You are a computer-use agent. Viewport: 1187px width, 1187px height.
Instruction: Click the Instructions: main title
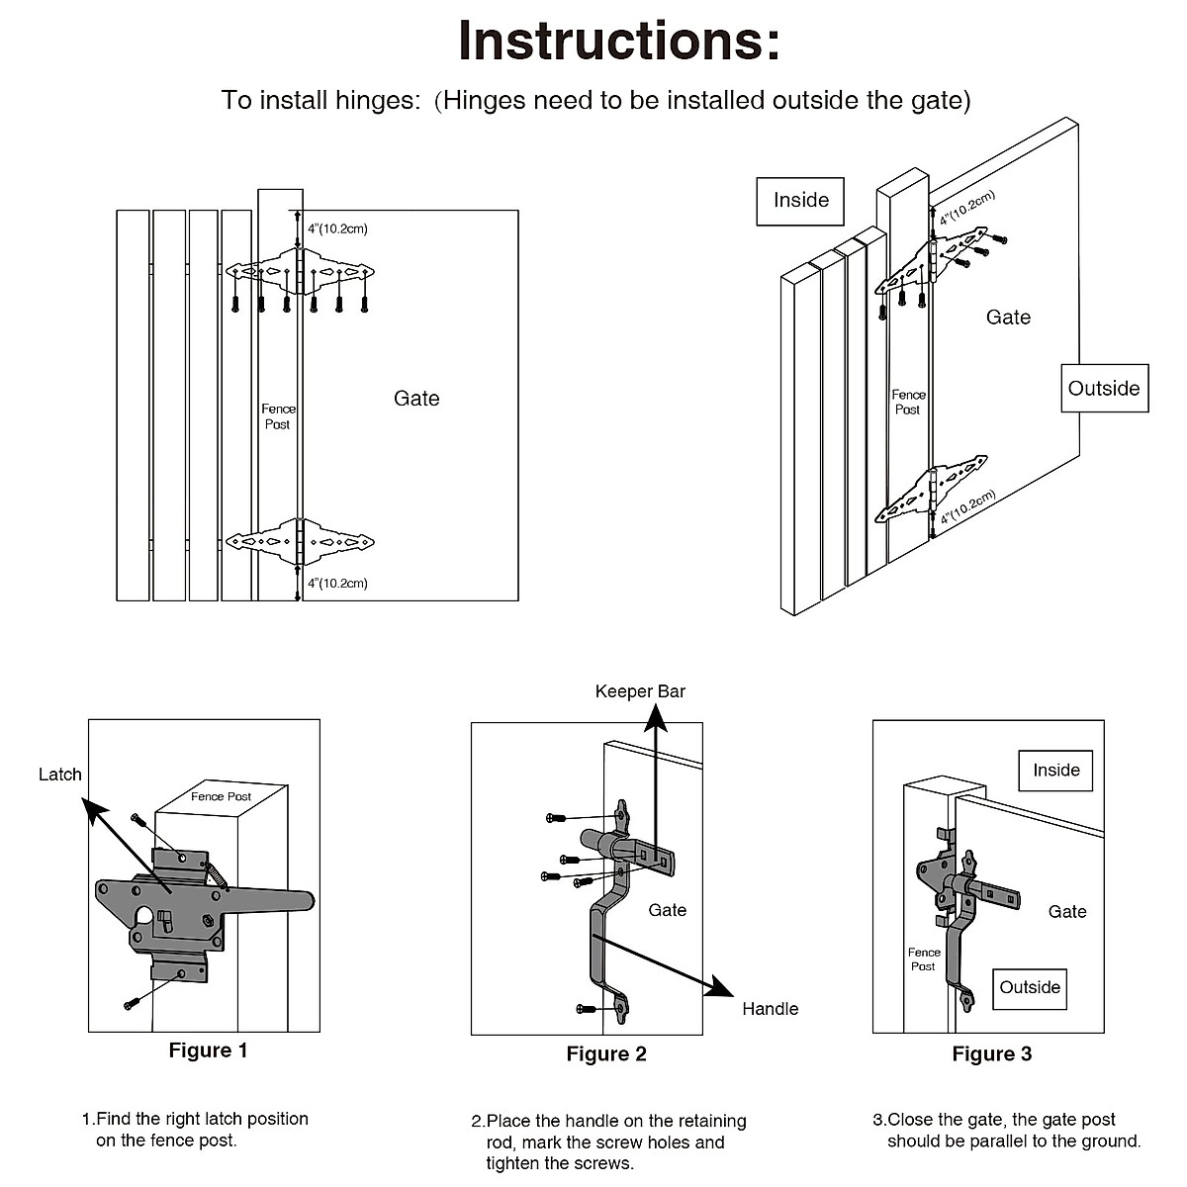[618, 41]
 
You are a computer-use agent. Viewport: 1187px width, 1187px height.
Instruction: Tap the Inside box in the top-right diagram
[800, 201]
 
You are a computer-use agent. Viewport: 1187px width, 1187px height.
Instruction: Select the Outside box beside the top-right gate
[1104, 389]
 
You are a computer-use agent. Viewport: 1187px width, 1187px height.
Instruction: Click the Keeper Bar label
[640, 691]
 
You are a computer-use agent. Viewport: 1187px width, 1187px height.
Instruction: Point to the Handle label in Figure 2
[770, 1009]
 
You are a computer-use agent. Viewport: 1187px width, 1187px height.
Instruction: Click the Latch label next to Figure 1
[60, 775]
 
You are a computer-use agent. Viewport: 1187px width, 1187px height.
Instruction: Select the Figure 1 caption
[208, 1050]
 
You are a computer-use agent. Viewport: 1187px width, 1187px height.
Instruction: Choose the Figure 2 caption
[605, 1054]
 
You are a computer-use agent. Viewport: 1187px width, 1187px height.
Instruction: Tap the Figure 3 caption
[991, 1054]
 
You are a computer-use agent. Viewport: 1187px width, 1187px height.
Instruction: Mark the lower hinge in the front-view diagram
[301, 542]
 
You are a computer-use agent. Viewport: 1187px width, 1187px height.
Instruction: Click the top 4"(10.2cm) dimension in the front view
[337, 229]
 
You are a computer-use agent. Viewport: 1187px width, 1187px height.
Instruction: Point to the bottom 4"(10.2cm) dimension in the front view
[337, 584]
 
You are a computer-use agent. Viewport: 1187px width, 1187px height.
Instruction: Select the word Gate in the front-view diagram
[416, 399]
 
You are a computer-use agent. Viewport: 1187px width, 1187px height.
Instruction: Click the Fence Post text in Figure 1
[221, 796]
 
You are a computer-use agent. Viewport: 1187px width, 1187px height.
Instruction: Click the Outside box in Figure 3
[1029, 988]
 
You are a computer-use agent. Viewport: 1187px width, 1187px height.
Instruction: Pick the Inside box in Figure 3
[1055, 771]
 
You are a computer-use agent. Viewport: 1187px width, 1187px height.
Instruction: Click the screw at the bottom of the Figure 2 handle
[587, 1008]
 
